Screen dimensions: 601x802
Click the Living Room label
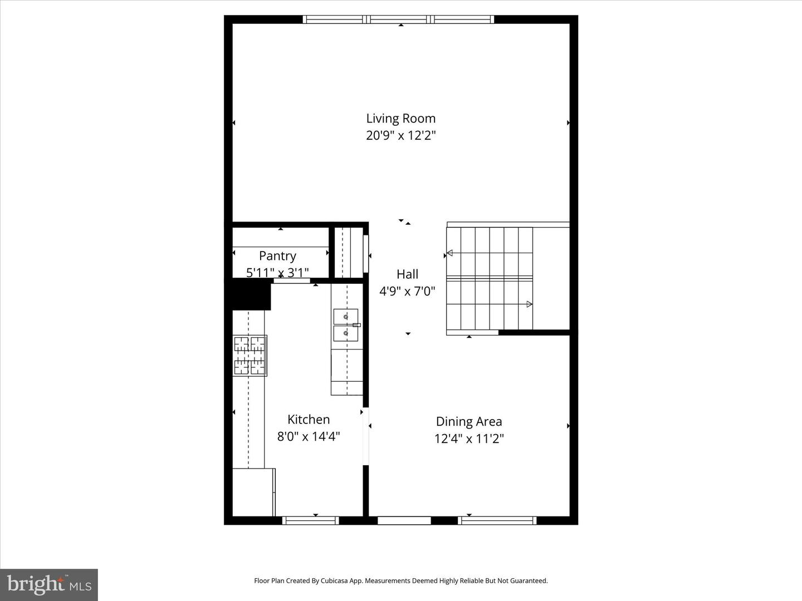(400, 118)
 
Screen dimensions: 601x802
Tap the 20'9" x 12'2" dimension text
(400, 135)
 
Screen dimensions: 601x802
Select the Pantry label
(277, 256)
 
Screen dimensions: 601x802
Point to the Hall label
(407, 274)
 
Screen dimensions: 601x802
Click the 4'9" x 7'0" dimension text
(407, 290)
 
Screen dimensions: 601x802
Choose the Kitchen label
(309, 420)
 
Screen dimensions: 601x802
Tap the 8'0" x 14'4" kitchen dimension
(309, 436)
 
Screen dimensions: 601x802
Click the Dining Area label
(469, 422)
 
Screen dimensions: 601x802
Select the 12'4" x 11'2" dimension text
(469, 439)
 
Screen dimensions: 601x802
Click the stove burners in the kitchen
(250, 355)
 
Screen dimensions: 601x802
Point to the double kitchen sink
(346, 325)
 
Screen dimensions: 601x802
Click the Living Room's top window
(399, 19)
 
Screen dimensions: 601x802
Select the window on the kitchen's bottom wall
(310, 521)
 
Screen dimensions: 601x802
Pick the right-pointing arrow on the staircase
(529, 304)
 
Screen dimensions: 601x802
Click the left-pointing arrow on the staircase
(449, 253)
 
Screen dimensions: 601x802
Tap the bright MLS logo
(49, 584)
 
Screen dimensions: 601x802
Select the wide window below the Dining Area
(497, 521)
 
